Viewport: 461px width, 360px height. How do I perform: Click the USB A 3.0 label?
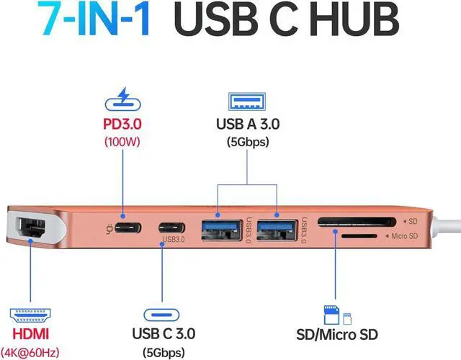click(x=247, y=124)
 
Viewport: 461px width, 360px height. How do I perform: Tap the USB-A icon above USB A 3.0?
click(x=247, y=99)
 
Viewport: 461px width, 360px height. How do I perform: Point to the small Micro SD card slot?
click(x=355, y=236)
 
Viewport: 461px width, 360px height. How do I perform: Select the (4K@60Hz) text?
click(x=30, y=353)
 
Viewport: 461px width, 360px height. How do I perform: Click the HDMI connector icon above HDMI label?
click(x=30, y=314)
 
